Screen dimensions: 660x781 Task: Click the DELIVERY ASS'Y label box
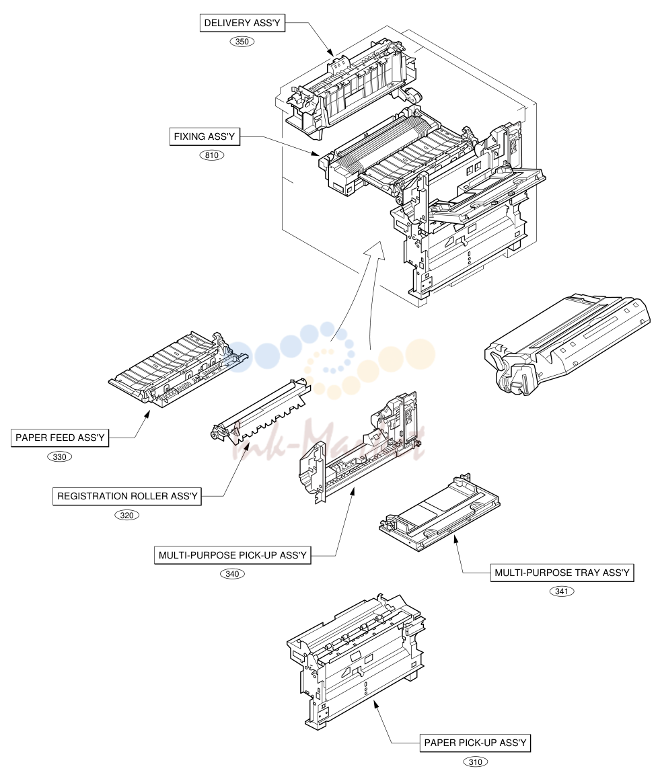tap(242, 23)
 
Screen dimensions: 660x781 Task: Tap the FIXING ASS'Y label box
tap(205, 136)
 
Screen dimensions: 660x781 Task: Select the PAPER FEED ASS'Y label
tap(60, 438)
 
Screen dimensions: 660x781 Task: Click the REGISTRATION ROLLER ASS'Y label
tap(127, 496)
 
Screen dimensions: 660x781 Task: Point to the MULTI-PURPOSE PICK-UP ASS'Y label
tap(232, 555)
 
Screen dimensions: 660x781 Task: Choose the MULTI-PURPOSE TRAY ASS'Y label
tap(562, 573)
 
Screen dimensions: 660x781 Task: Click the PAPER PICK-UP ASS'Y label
tap(475, 743)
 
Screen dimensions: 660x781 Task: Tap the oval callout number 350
tap(242, 42)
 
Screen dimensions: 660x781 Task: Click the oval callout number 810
tap(212, 155)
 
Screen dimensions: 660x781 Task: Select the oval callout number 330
tap(60, 457)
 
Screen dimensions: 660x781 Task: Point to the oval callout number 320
tap(127, 515)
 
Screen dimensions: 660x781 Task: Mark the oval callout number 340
tap(232, 574)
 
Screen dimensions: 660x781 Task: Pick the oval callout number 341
tap(562, 591)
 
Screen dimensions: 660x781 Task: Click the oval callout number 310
tap(476, 762)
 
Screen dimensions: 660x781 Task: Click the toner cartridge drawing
tap(567, 343)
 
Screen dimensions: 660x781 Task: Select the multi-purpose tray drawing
tap(439, 513)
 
